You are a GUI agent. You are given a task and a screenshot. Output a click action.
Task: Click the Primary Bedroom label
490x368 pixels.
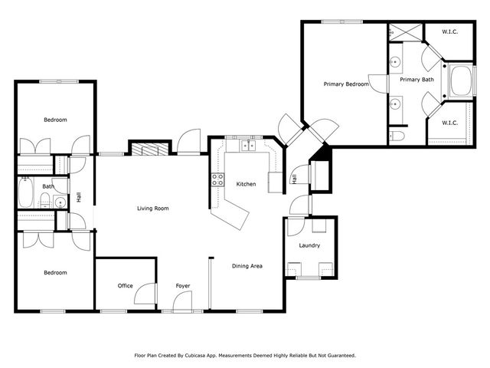coord(346,84)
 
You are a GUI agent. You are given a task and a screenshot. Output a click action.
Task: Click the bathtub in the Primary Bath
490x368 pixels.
coord(462,82)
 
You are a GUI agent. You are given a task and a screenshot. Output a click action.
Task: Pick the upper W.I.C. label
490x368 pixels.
coord(450,31)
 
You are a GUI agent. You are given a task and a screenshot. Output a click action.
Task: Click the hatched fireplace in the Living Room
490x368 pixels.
coord(147,149)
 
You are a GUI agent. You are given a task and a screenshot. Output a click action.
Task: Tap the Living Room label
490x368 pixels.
coord(152,208)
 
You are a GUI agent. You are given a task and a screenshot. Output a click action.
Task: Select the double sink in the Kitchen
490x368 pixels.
coord(248,145)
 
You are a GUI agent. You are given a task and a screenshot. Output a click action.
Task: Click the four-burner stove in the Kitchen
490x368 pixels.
coord(217,180)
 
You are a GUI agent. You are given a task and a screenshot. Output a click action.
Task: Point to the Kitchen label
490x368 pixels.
coord(246,184)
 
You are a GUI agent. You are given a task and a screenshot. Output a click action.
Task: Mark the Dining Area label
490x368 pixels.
coord(247,266)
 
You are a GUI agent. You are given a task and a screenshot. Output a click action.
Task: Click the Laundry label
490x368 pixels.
coord(309,245)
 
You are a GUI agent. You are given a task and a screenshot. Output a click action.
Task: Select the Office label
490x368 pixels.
coord(125,286)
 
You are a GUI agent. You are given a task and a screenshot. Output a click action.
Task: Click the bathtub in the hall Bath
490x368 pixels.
coord(25,195)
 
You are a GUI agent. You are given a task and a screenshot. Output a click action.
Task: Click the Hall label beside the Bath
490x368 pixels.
coord(78,198)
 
